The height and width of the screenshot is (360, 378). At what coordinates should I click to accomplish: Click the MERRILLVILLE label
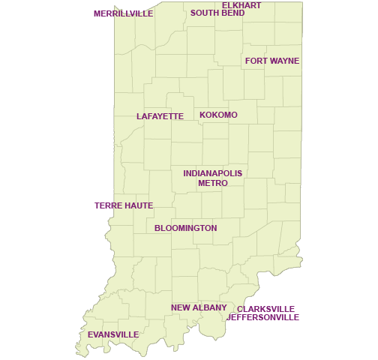[x=123, y=13]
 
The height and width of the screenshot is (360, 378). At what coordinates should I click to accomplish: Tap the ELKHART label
[x=241, y=5]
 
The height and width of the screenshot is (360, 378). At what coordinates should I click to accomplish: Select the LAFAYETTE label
[x=160, y=116]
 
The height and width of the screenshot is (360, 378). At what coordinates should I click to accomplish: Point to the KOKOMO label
[x=218, y=115]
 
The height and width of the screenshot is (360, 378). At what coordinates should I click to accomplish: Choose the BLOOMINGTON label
[x=186, y=228]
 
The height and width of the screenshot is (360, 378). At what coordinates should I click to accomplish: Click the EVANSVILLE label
[x=113, y=334]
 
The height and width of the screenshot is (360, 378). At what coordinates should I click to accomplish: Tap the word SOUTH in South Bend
[x=203, y=13]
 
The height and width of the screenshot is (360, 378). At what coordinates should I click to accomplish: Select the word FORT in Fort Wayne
[x=256, y=61]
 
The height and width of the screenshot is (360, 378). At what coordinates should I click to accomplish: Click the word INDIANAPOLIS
[x=213, y=173]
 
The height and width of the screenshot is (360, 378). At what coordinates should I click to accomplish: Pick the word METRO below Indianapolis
[x=213, y=183]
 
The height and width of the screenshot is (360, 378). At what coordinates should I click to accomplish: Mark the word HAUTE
[x=139, y=205]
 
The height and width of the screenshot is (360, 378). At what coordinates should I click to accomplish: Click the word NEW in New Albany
[x=179, y=307]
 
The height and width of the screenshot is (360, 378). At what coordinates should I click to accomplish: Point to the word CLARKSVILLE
[x=266, y=309]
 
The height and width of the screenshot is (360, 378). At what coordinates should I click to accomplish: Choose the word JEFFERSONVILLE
[x=263, y=317]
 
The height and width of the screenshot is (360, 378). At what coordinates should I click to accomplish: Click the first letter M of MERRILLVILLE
[x=97, y=13]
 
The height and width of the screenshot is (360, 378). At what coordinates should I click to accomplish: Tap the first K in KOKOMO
[x=202, y=115]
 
